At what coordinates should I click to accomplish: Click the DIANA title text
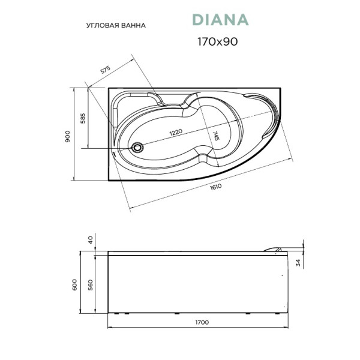click(x=220, y=20)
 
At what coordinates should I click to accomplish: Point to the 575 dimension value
click(x=106, y=70)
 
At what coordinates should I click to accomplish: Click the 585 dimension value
click(x=83, y=118)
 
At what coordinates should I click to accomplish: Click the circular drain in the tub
click(x=138, y=145)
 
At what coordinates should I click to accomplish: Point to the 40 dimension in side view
click(x=91, y=240)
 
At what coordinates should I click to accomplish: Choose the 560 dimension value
click(x=91, y=284)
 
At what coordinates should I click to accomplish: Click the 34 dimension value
click(x=298, y=262)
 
